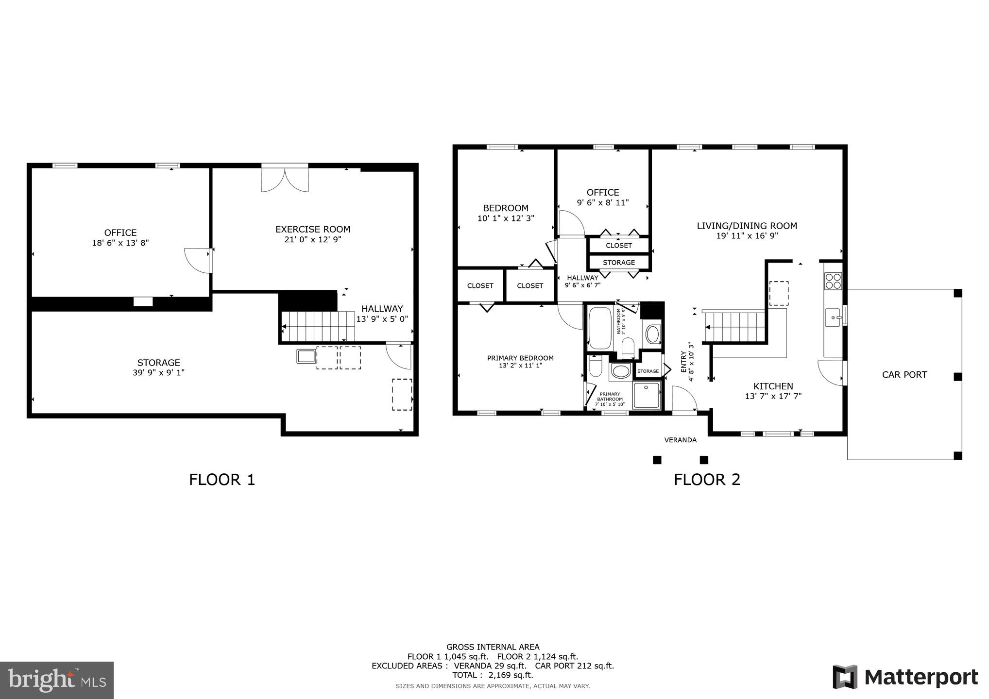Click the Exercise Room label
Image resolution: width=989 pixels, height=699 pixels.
click(312, 229)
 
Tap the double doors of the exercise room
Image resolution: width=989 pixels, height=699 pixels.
click(285, 179)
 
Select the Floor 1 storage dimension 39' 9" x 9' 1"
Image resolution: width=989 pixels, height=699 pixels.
click(158, 373)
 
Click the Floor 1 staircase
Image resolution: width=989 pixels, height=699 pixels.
click(318, 326)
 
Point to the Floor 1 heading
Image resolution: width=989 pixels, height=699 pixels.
click(222, 480)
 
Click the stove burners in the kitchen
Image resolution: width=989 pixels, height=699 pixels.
click(833, 282)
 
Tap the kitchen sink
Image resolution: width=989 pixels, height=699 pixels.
click(833, 317)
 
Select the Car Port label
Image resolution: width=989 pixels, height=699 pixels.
click(904, 375)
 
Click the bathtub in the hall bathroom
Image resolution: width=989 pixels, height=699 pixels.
click(600, 328)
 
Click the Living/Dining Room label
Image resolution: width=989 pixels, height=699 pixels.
click(747, 226)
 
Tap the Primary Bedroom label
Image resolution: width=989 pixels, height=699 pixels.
click(520, 358)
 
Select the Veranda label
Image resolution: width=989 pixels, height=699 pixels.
click(680, 440)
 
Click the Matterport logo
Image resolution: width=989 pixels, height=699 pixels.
click(905, 677)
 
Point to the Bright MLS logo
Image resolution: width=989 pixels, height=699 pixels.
click(57, 680)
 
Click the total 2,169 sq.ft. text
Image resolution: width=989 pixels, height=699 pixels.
click(493, 675)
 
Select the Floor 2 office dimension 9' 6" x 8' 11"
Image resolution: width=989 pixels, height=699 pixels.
click(602, 202)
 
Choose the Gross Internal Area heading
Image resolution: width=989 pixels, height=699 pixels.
click(493, 647)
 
